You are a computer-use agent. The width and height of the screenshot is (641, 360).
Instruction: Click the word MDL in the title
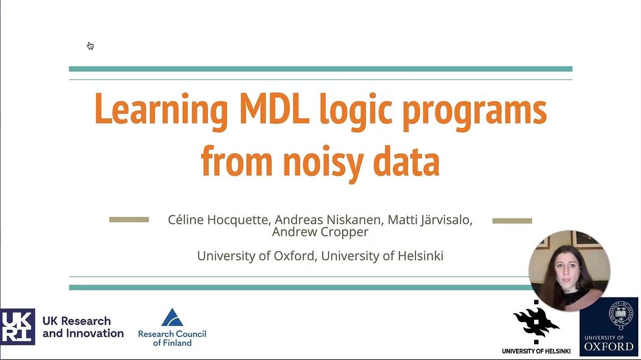point(275,109)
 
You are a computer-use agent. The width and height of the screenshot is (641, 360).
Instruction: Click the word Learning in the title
point(161,112)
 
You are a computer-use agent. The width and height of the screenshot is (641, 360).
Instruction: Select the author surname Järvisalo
point(447,220)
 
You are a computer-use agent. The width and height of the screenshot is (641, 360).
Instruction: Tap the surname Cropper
point(344,232)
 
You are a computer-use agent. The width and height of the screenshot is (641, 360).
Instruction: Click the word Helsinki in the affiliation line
point(420,255)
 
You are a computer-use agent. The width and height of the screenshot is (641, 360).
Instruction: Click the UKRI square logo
point(18,326)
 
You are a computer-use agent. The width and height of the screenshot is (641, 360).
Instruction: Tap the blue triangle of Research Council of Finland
point(172,317)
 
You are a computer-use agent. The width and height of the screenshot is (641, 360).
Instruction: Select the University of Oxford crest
point(620,315)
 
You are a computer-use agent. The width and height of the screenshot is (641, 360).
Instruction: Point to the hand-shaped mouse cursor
point(90,46)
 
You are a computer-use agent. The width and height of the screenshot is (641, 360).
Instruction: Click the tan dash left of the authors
point(129,220)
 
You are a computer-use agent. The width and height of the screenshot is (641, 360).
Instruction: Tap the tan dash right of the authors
point(512,221)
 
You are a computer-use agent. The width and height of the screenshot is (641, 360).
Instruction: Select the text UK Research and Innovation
point(83,327)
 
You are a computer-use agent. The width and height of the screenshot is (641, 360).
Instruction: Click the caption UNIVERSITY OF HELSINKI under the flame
point(536,351)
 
